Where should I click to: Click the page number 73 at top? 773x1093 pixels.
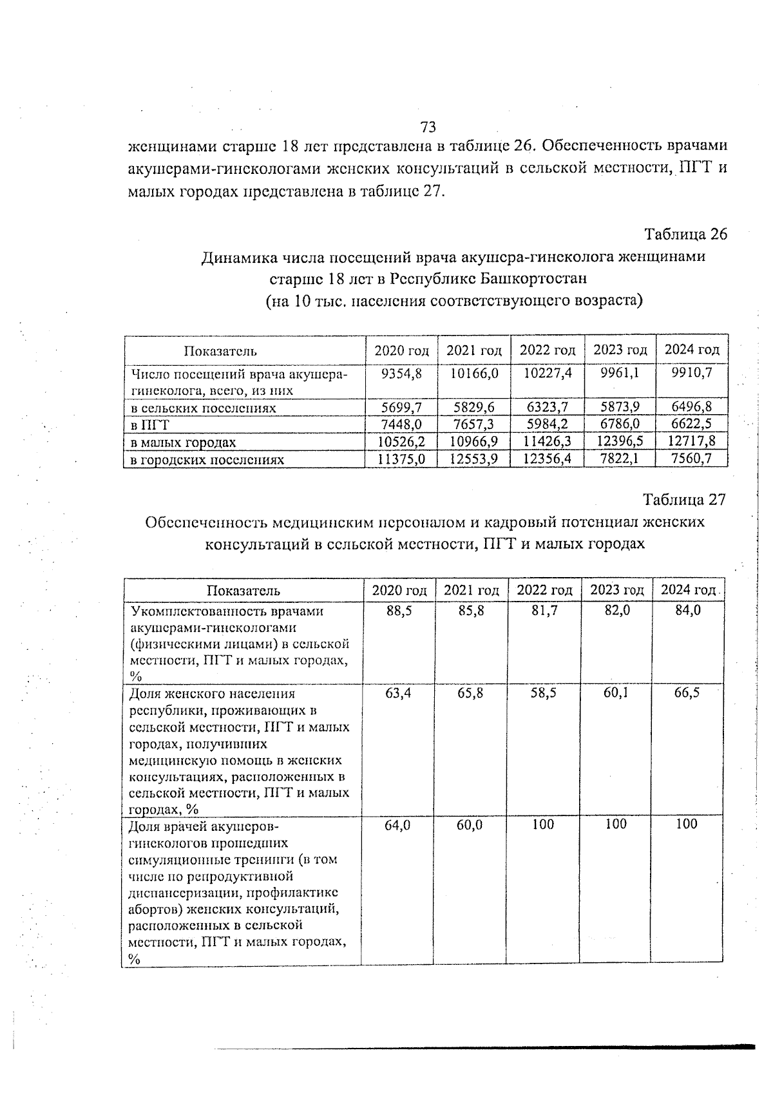click(x=428, y=126)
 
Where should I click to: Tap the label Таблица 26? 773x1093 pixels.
click(x=685, y=234)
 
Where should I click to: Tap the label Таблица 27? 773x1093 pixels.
click(x=684, y=500)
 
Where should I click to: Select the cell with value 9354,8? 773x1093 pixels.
click(x=401, y=373)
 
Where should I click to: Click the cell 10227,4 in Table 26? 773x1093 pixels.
click(x=547, y=373)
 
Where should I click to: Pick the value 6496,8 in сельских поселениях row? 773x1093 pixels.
click(x=691, y=407)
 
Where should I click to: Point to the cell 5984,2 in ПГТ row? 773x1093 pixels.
click(x=547, y=424)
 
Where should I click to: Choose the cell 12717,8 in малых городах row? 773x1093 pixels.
click(x=691, y=442)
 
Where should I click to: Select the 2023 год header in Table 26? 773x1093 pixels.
click(x=620, y=350)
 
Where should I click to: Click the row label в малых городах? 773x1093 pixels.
click(x=183, y=442)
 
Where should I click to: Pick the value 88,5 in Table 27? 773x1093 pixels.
click(x=399, y=611)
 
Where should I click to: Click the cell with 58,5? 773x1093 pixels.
click(x=544, y=693)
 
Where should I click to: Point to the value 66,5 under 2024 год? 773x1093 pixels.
click(x=687, y=693)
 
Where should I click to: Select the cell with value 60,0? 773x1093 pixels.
click(x=470, y=824)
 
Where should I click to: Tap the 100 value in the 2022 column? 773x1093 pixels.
click(x=543, y=824)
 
